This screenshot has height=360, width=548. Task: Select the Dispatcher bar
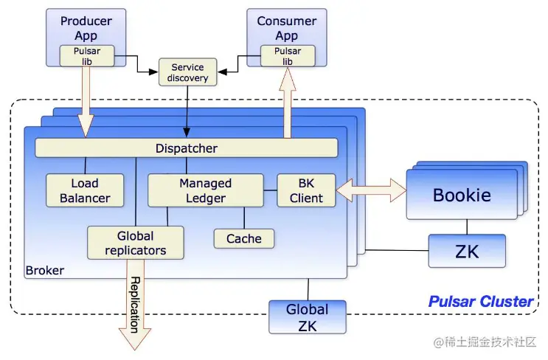click(x=186, y=148)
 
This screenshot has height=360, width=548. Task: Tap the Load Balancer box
click(x=85, y=190)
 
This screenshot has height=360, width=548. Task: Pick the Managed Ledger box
click(x=205, y=190)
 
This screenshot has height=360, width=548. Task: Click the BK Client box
click(x=306, y=190)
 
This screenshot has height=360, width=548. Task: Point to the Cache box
click(x=243, y=238)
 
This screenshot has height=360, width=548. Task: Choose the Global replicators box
click(x=136, y=243)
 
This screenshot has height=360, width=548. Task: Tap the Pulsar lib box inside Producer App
click(x=83, y=56)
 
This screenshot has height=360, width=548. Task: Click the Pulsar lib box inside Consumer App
click(x=287, y=56)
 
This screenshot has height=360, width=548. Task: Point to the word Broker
click(x=44, y=271)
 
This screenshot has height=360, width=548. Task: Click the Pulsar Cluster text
click(x=480, y=301)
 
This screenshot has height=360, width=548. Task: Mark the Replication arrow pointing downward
click(x=135, y=306)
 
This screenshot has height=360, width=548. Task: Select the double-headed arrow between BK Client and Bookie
click(x=371, y=191)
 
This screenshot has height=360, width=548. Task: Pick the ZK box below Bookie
click(x=467, y=251)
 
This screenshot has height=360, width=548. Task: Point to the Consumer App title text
click(x=287, y=28)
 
